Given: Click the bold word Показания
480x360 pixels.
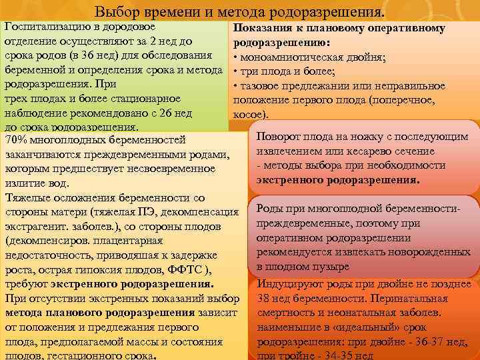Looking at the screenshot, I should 261,28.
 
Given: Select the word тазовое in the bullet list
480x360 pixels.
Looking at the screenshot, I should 261,86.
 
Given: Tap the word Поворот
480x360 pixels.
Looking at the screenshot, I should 281,136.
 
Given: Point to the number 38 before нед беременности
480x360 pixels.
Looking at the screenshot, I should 264,298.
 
